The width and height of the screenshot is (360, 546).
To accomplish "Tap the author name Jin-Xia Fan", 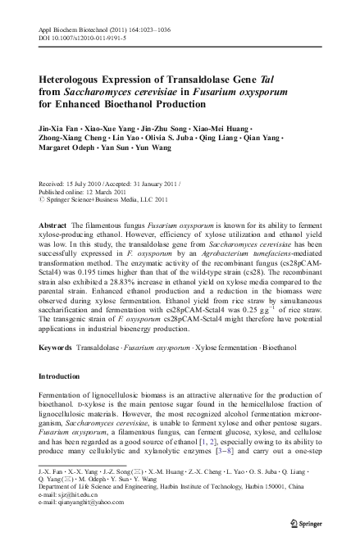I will point(57,129).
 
